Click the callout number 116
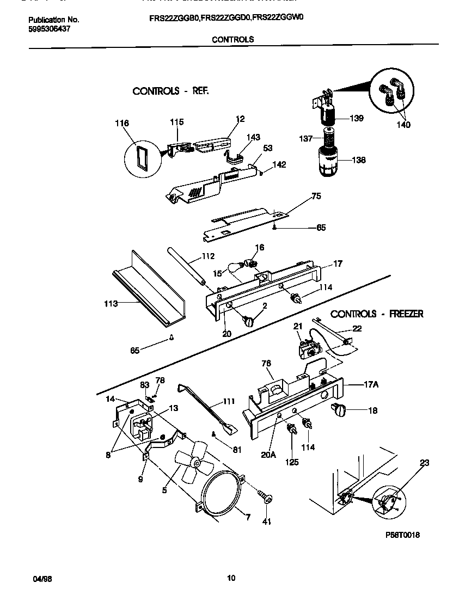122,124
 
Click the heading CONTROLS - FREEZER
377,314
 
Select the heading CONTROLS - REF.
170,91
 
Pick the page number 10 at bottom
231,578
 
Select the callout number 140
403,125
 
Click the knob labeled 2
250,322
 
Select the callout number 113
111,304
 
